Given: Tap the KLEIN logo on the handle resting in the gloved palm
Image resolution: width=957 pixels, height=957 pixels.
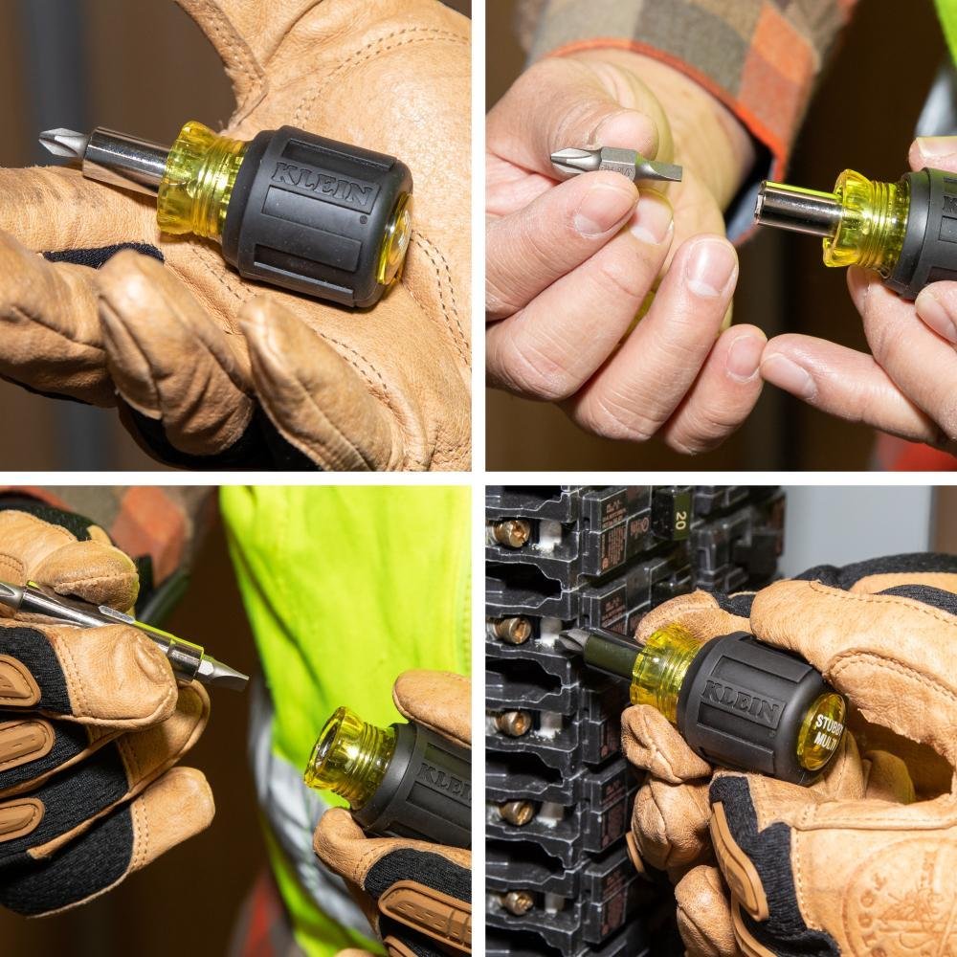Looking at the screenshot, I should coord(323,186).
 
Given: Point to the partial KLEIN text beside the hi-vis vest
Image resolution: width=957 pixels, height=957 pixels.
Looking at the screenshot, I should coord(445,780).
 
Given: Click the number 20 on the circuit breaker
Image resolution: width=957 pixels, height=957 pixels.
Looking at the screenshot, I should coord(680,519).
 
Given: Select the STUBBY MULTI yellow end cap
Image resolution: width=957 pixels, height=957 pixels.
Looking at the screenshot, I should coord(820,730).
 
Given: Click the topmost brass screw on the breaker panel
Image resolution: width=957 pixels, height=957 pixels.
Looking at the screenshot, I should coord(512,533).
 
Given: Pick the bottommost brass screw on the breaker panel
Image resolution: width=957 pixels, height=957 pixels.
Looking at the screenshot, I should coord(517,901).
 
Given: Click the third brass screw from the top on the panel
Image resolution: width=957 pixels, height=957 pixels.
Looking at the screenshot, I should coord(515,723).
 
